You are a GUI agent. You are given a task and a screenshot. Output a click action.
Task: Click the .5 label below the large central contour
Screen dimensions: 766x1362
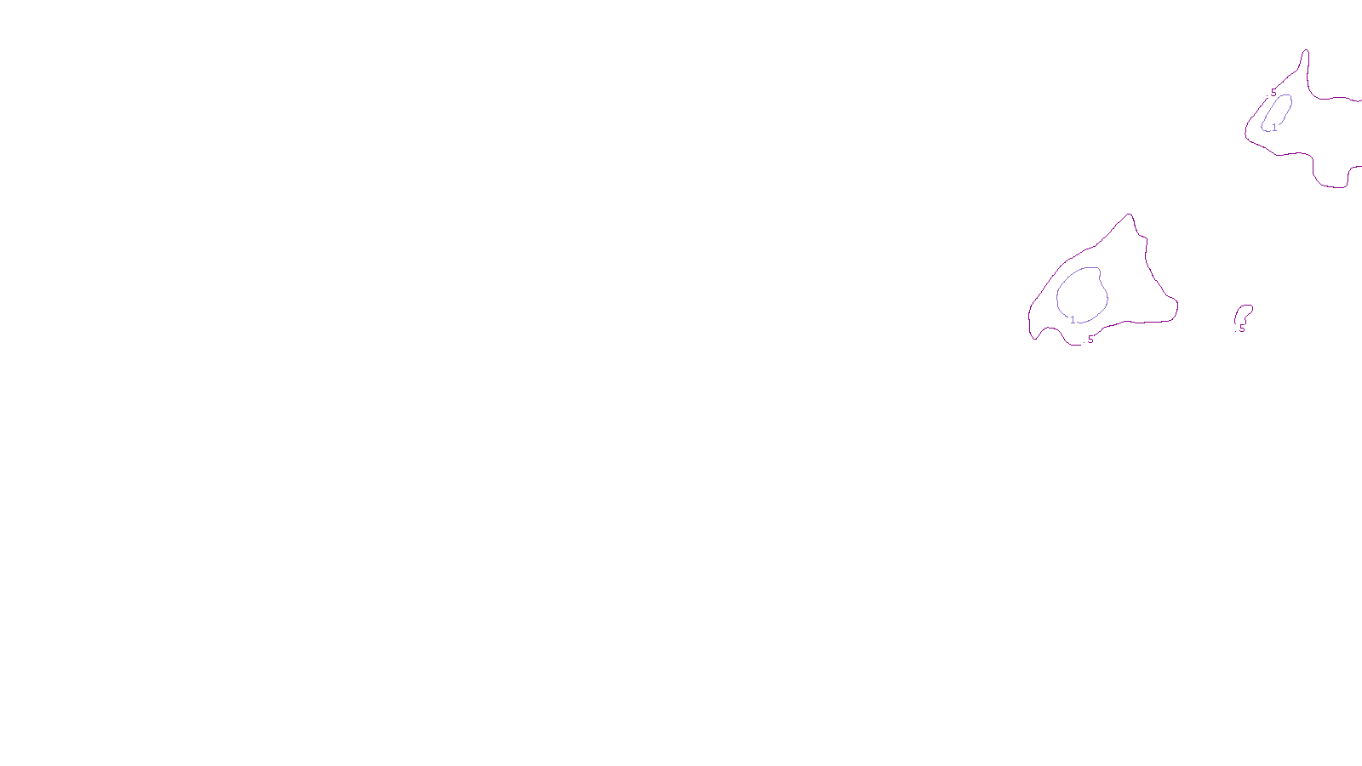point(1090,340)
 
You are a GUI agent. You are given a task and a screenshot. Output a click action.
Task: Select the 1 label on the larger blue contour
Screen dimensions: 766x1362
point(1073,320)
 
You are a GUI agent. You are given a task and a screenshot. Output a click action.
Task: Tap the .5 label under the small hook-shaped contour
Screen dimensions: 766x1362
point(1241,329)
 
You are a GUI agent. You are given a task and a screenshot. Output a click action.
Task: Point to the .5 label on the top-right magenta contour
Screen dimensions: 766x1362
point(1273,94)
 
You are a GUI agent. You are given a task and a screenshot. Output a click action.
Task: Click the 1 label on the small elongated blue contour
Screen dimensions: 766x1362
point(1274,128)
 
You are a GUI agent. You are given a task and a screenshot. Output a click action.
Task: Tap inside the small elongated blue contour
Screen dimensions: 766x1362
point(1278,111)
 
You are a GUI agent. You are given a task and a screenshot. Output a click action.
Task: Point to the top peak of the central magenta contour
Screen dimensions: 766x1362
point(1130,215)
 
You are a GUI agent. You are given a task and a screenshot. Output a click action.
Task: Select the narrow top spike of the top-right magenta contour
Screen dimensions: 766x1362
point(1305,53)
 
